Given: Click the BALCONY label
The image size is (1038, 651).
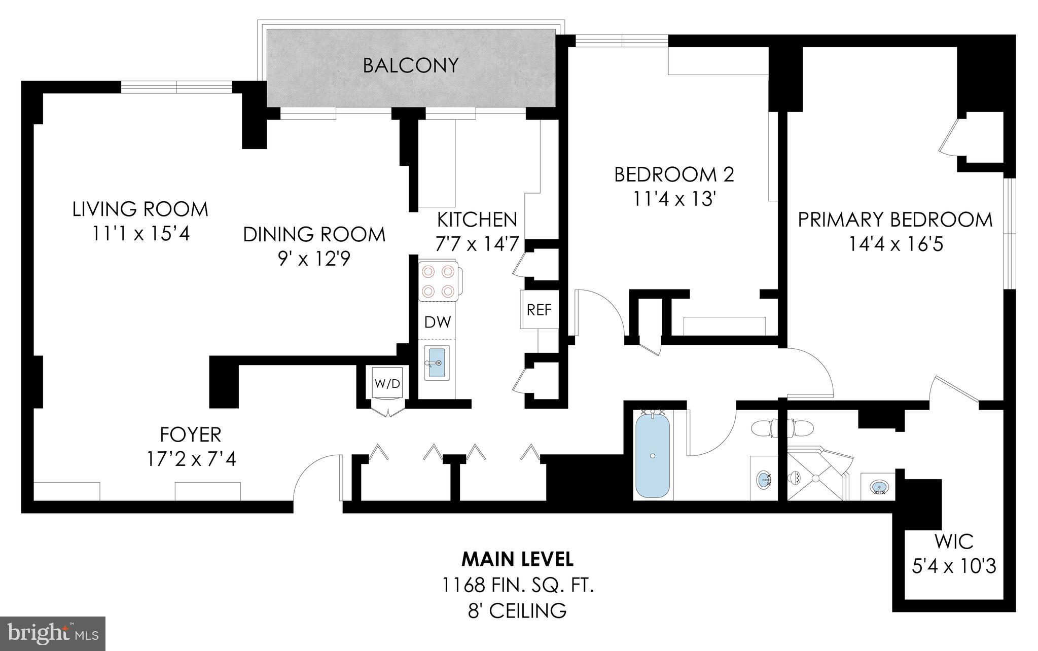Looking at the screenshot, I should click(x=411, y=65).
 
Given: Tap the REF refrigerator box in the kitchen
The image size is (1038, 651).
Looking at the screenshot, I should click(x=539, y=309).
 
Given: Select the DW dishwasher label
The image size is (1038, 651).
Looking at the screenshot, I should click(x=438, y=322).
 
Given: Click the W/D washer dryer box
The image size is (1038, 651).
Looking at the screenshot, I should click(x=387, y=383).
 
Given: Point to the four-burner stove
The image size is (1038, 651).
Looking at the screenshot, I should click(x=438, y=281).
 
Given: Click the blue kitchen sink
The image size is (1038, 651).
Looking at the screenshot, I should click(x=437, y=362).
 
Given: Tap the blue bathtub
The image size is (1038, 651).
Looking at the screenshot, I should click(x=653, y=455).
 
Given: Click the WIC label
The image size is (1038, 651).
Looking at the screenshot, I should click(x=954, y=541).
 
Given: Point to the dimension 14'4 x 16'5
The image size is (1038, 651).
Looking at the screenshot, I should click(x=896, y=245).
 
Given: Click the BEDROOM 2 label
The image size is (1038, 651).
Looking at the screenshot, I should click(x=674, y=174).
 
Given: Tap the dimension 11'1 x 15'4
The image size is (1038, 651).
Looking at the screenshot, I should click(x=140, y=234).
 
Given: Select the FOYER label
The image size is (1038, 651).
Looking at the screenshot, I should click(x=191, y=435).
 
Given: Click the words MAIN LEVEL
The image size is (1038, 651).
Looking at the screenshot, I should click(x=517, y=559).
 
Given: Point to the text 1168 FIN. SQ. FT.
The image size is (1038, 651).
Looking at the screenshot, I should click(x=517, y=586).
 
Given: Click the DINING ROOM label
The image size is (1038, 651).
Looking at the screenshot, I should click(x=314, y=234).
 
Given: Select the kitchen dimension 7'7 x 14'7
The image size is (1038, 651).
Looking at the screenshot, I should click(x=477, y=244).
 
